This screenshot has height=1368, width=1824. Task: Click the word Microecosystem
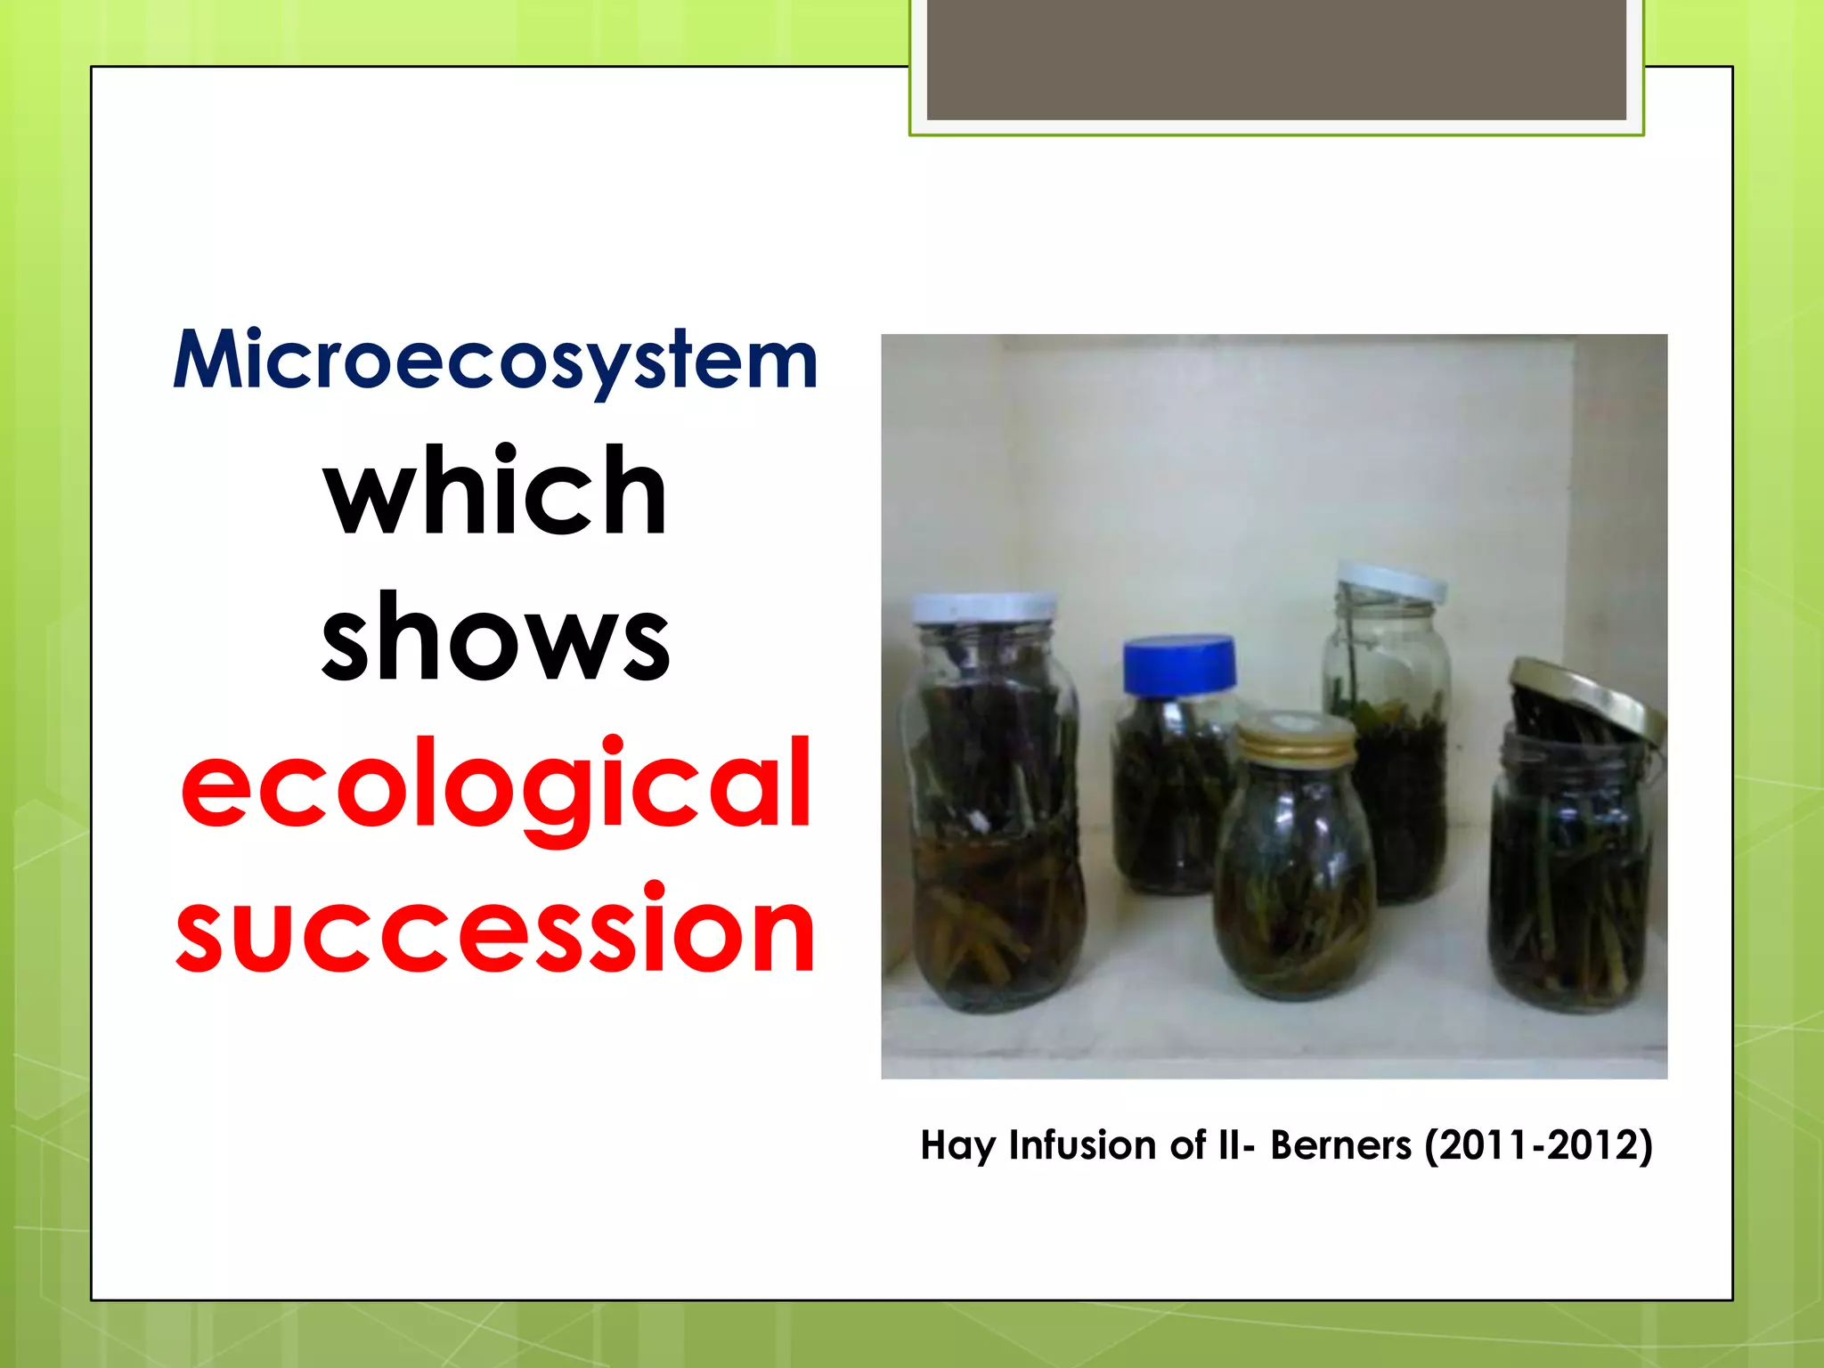click(x=495, y=362)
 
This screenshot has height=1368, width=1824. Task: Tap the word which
click(x=495, y=492)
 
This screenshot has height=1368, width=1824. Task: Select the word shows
click(x=495, y=638)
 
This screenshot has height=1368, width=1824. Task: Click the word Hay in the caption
click(x=957, y=1145)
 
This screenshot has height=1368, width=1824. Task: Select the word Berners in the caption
click(x=1340, y=1145)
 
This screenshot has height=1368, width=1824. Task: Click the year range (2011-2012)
click(x=1538, y=1145)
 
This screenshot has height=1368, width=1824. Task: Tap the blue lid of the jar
click(x=1178, y=664)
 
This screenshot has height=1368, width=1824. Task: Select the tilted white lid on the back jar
click(x=1391, y=582)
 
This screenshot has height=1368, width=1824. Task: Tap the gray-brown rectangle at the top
click(x=1275, y=59)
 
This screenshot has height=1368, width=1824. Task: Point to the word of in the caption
click(x=1188, y=1145)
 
